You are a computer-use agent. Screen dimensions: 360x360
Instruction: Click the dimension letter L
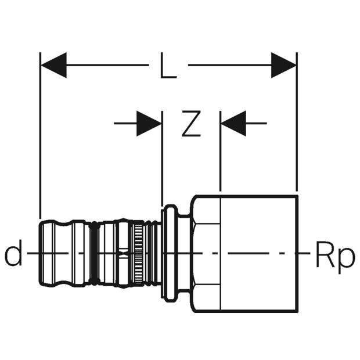[x=168, y=66]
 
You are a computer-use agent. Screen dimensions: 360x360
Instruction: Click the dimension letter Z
[x=190, y=123]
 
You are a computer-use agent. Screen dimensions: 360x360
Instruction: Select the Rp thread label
[x=334, y=255]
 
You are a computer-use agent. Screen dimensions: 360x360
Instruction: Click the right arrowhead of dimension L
[x=284, y=65]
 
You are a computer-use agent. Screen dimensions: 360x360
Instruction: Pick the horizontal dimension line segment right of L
[x=229, y=65]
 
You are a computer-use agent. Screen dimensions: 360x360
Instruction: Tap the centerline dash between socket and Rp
[x=303, y=254]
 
